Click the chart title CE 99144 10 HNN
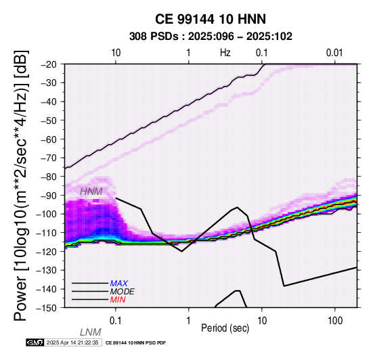tap(211, 19)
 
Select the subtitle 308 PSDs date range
tap(211, 37)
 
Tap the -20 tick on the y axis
tap(49, 64)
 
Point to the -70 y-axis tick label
tap(49, 158)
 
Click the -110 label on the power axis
tap(47, 233)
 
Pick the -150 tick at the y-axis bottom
tap(47, 308)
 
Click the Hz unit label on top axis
tap(225, 53)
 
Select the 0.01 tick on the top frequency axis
tap(334, 53)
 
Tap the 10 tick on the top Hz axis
tap(116, 53)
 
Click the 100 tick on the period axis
tap(335, 321)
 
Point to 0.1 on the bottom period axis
tap(116, 321)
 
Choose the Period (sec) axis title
tap(225, 328)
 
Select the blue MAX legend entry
tap(119, 284)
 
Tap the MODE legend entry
tap(123, 292)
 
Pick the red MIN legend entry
tap(118, 300)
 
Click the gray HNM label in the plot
tap(91, 192)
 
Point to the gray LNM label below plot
tap(91, 332)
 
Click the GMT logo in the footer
tap(35, 342)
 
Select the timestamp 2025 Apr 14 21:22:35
tap(72, 342)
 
